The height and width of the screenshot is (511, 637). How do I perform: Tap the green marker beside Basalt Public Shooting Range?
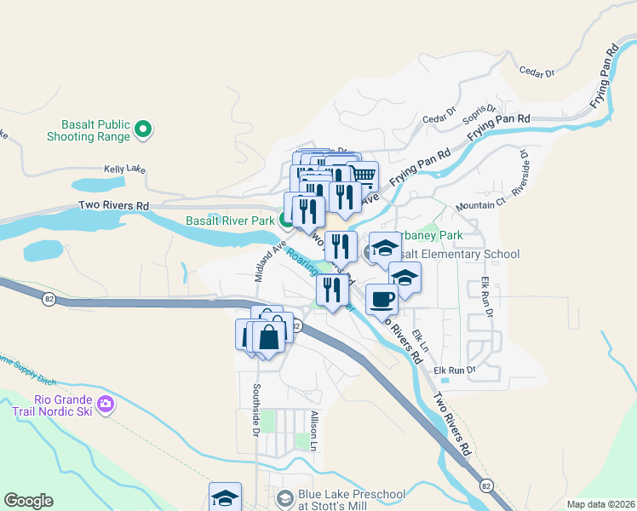144,130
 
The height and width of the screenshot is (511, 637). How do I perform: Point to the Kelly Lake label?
125,169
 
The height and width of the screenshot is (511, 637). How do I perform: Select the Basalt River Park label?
230,221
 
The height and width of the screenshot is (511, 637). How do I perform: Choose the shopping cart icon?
363,175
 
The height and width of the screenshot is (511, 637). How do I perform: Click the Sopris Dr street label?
479,113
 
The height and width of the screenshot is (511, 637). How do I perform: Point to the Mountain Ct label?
480,205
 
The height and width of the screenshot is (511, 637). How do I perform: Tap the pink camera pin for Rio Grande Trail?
106,403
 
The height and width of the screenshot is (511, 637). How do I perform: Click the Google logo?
28,501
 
